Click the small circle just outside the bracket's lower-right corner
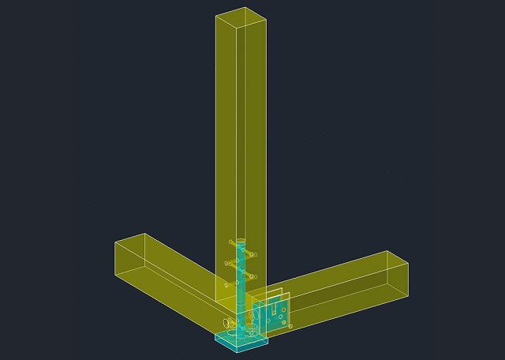point(290,325)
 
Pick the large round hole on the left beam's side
point(229,322)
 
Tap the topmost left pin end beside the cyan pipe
point(230,242)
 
